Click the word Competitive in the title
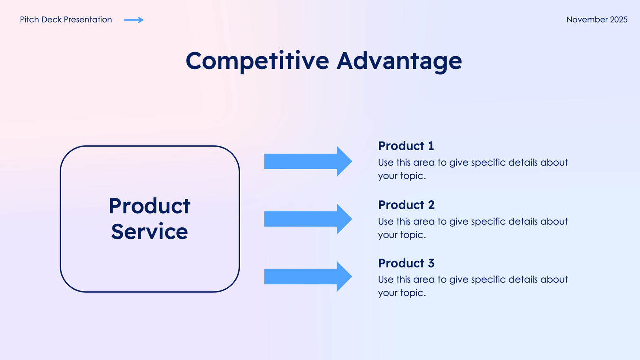click(257, 61)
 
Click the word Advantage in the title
click(399, 61)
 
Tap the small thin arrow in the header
click(134, 20)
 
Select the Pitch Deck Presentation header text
click(66, 20)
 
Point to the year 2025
click(619, 20)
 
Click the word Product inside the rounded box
click(149, 206)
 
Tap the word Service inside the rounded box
click(149, 232)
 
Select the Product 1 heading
click(406, 146)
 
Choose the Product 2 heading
click(406, 205)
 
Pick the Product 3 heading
click(406, 263)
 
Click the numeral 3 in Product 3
click(431, 263)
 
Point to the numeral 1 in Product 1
click(431, 146)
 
